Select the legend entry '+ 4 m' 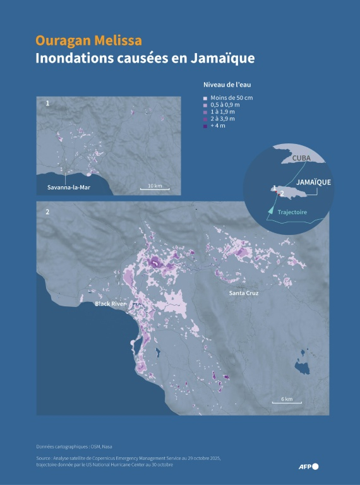218,126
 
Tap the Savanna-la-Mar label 73,188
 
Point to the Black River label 111,304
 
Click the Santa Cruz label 244,294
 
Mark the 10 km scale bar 155,187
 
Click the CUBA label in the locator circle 293,167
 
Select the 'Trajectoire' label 292,212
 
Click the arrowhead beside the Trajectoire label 271,209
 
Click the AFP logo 309,467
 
